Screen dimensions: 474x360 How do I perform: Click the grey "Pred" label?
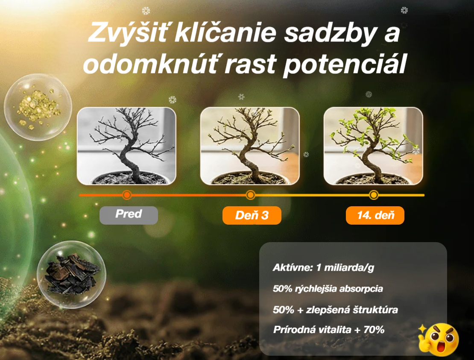129,215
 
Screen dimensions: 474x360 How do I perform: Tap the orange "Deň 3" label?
252,215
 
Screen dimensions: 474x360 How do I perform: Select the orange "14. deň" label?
375,215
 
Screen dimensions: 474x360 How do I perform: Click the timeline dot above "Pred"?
127,195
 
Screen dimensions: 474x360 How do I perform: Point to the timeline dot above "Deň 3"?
250,195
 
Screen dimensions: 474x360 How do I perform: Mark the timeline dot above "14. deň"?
374,195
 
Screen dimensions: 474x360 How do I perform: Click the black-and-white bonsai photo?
126,146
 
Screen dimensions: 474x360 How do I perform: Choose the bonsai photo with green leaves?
373,146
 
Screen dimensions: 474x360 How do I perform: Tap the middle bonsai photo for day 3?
250,146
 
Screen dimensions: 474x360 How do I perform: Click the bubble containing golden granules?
38,107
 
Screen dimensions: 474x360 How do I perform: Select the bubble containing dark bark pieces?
71,275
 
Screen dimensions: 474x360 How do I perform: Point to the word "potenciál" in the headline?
345,64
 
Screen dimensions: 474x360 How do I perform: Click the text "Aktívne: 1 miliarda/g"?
323,267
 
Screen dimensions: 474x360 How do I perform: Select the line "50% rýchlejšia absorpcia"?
328,289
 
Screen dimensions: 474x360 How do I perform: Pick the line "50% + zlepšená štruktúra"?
335,310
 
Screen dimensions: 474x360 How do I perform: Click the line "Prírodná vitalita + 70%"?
328,330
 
